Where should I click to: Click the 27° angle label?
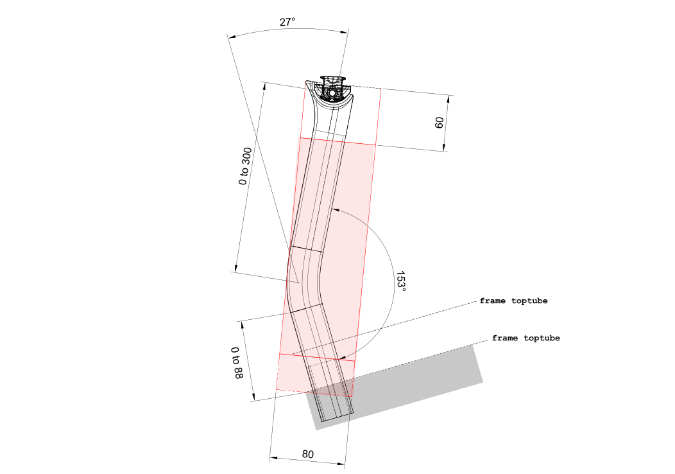(x=287, y=22)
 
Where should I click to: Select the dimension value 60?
(x=440, y=123)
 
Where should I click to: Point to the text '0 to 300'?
(x=244, y=166)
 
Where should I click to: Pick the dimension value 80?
(x=308, y=454)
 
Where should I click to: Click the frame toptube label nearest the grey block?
(x=525, y=338)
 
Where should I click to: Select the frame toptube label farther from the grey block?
(x=513, y=301)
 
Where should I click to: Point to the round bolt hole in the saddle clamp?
(x=332, y=94)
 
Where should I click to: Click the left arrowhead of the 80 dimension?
(x=272, y=458)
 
